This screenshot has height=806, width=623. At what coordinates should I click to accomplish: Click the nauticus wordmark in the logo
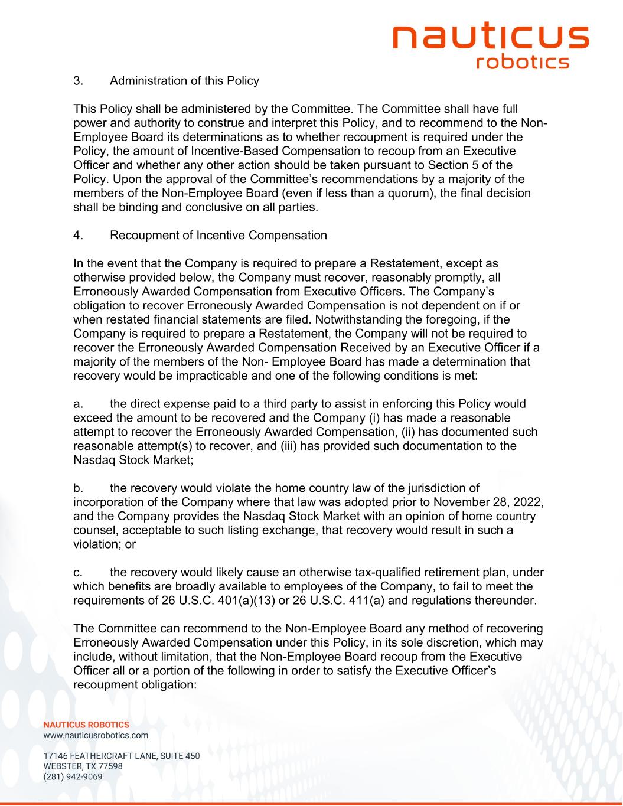point(491,37)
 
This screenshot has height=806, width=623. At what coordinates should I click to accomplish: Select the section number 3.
point(77,80)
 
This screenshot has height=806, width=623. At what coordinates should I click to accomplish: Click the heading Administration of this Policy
point(184,80)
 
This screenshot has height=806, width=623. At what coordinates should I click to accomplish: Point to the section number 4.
point(77,235)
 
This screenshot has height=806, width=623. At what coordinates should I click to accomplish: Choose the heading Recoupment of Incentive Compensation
point(218,235)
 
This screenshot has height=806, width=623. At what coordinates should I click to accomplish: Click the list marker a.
point(77,404)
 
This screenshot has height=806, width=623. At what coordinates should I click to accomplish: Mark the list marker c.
point(77,572)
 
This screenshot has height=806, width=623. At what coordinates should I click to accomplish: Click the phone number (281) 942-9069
point(73,776)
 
